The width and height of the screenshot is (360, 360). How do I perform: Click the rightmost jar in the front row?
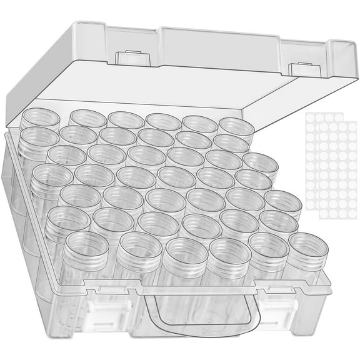pos(306,246)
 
